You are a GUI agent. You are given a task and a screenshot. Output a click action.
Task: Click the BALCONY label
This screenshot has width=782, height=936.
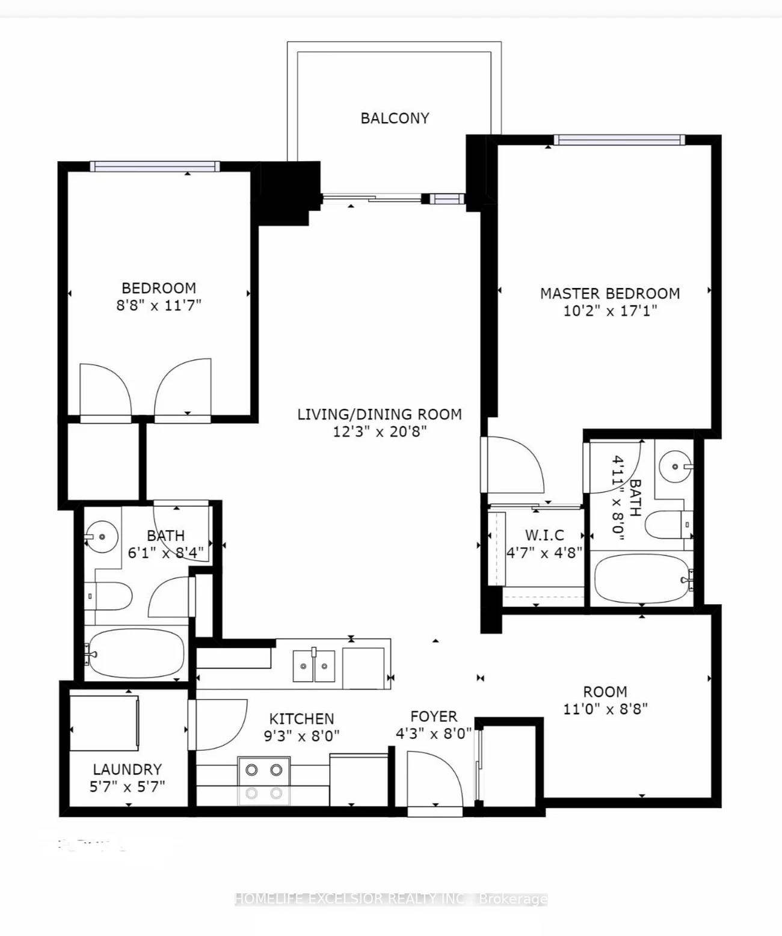(395, 118)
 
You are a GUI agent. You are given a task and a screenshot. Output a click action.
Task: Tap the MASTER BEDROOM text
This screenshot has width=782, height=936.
(610, 293)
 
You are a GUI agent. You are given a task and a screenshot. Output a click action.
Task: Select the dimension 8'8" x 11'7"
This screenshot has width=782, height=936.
(159, 305)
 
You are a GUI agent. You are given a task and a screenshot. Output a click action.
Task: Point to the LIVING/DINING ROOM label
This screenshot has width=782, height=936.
(380, 414)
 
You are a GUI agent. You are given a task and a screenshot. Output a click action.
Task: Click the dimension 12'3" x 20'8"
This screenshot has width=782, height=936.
(380, 432)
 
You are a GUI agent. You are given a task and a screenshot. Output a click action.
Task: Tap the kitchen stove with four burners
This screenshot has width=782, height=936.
(263, 780)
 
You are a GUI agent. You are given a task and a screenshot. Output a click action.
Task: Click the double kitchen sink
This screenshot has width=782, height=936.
(313, 666)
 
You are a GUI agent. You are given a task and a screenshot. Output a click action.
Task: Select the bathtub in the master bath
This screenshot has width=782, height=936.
(641, 578)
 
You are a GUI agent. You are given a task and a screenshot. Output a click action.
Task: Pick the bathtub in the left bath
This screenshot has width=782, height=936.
(135, 653)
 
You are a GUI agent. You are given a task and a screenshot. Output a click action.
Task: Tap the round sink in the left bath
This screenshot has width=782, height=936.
(100, 536)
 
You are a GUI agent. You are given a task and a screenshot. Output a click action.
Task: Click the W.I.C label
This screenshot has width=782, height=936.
(544, 535)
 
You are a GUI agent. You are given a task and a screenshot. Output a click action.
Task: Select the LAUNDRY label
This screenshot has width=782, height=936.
(127, 769)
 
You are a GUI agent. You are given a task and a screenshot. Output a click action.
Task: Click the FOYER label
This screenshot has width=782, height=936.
(434, 717)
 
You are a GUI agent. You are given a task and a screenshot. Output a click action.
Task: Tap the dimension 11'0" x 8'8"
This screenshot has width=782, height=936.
(605, 709)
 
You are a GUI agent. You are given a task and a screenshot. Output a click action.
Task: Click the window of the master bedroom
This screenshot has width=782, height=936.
(619, 140)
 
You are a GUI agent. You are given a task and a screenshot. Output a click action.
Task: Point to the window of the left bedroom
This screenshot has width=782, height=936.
(155, 167)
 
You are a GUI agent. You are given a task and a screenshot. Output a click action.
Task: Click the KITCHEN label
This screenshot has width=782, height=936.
(301, 719)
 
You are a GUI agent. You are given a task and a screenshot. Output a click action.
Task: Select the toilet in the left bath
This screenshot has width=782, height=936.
(110, 596)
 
